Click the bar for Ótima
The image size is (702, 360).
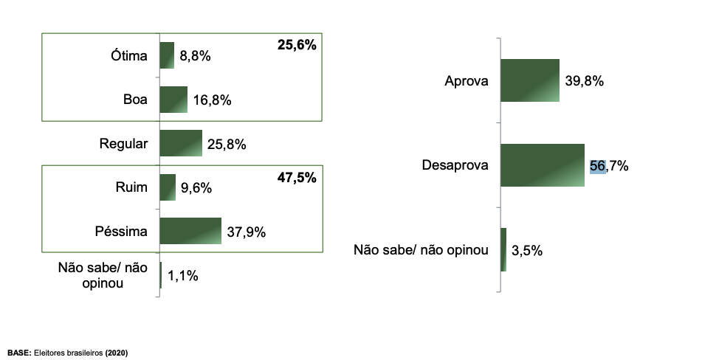point(167,55)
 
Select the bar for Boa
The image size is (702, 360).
point(173,100)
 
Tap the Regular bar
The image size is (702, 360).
point(181,143)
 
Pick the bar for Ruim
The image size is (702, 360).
point(168,187)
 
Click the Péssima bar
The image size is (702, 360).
point(190,231)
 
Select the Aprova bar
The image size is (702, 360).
point(529,80)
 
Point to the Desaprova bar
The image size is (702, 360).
point(542,165)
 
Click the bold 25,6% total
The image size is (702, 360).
point(297,46)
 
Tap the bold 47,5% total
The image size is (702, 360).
point(297,177)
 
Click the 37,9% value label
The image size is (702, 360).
point(247,232)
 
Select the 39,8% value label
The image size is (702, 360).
point(585,81)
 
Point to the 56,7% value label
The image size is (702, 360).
point(609,166)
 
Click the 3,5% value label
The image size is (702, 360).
point(527,250)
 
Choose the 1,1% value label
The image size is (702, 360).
point(183,276)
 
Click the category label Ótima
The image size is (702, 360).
point(129,56)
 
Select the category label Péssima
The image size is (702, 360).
point(121,232)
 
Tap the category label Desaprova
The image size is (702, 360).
point(455,166)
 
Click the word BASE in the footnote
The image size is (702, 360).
point(19,353)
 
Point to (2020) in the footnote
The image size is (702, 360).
point(117,353)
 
